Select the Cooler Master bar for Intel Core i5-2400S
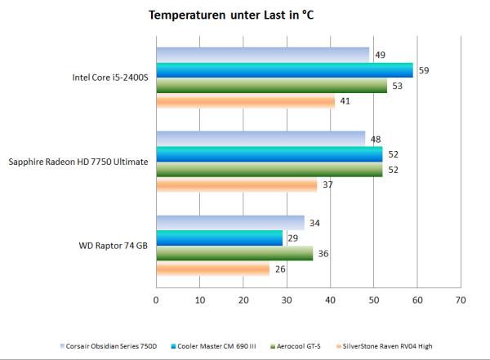tap(284, 70)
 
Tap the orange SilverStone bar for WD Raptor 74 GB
tap(212, 269)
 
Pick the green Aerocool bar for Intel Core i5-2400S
tap(271, 86)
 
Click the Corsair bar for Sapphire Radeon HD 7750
tap(261, 138)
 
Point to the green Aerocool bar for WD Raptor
tap(234, 253)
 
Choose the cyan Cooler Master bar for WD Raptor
tap(219, 238)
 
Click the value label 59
tap(424, 70)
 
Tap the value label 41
tap(345, 101)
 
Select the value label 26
tap(279, 269)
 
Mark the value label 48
tap(376, 138)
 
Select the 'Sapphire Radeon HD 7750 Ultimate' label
tap(78, 162)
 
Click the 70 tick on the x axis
tap(461, 300)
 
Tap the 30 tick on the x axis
tap(287, 300)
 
